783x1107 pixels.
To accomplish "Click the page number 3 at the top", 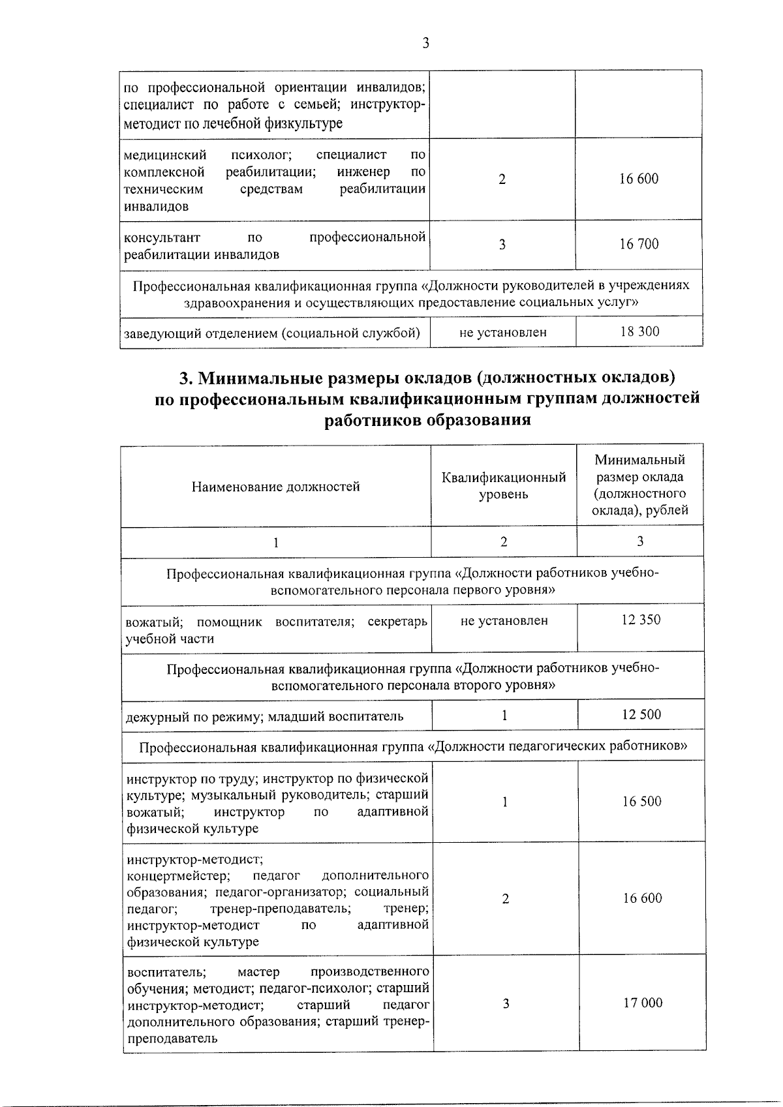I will click(425, 43).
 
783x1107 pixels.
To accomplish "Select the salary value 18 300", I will click(639, 331).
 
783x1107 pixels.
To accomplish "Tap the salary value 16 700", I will click(639, 245).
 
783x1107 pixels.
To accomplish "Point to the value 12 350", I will click(641, 620).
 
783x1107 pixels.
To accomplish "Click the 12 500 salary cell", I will click(641, 715).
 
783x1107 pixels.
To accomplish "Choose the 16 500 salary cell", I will click(641, 802).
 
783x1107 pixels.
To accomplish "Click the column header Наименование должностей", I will click(275, 487).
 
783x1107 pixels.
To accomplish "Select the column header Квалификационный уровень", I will click(503, 486).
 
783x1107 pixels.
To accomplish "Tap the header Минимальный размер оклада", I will click(639, 486).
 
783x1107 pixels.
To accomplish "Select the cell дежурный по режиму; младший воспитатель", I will click(265, 716).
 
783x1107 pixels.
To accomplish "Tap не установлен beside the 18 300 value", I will click(502, 332).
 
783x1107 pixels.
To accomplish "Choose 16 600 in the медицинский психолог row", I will click(639, 179).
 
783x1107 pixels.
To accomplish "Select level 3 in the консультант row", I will click(502, 245).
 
